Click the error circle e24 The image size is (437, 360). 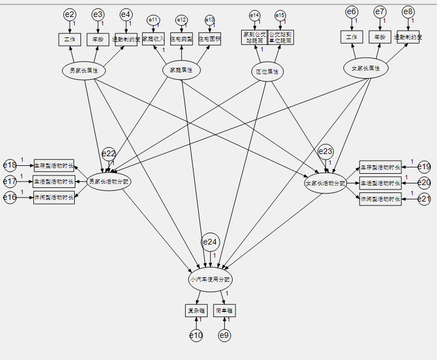pyautogui.click(x=210, y=242)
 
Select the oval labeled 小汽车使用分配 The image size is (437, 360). pyautogui.click(x=210, y=280)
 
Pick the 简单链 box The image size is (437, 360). pyautogui.click(x=225, y=310)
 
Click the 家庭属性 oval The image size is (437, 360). pyautogui.click(x=181, y=70)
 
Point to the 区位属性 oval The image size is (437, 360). pyautogui.click(x=267, y=72)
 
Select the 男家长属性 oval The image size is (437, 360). pyautogui.click(x=84, y=71)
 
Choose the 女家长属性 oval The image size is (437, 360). pyautogui.click(x=366, y=68)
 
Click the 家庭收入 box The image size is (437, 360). pyautogui.click(x=153, y=39)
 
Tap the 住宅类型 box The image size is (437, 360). pyautogui.click(x=182, y=39)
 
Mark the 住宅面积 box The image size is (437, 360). pyautogui.click(x=209, y=39)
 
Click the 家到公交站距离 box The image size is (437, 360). pyautogui.click(x=254, y=37)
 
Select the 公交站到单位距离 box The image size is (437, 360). pyautogui.click(x=280, y=37)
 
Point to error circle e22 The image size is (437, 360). pyautogui.click(x=109, y=153)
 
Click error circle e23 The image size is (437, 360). pyautogui.click(x=325, y=151)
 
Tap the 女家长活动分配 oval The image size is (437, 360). pyautogui.click(x=325, y=184)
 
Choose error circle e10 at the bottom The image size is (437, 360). pyautogui.click(x=196, y=336)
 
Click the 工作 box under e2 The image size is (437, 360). pyautogui.click(x=70, y=39)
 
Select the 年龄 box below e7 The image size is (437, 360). pyautogui.click(x=380, y=37)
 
